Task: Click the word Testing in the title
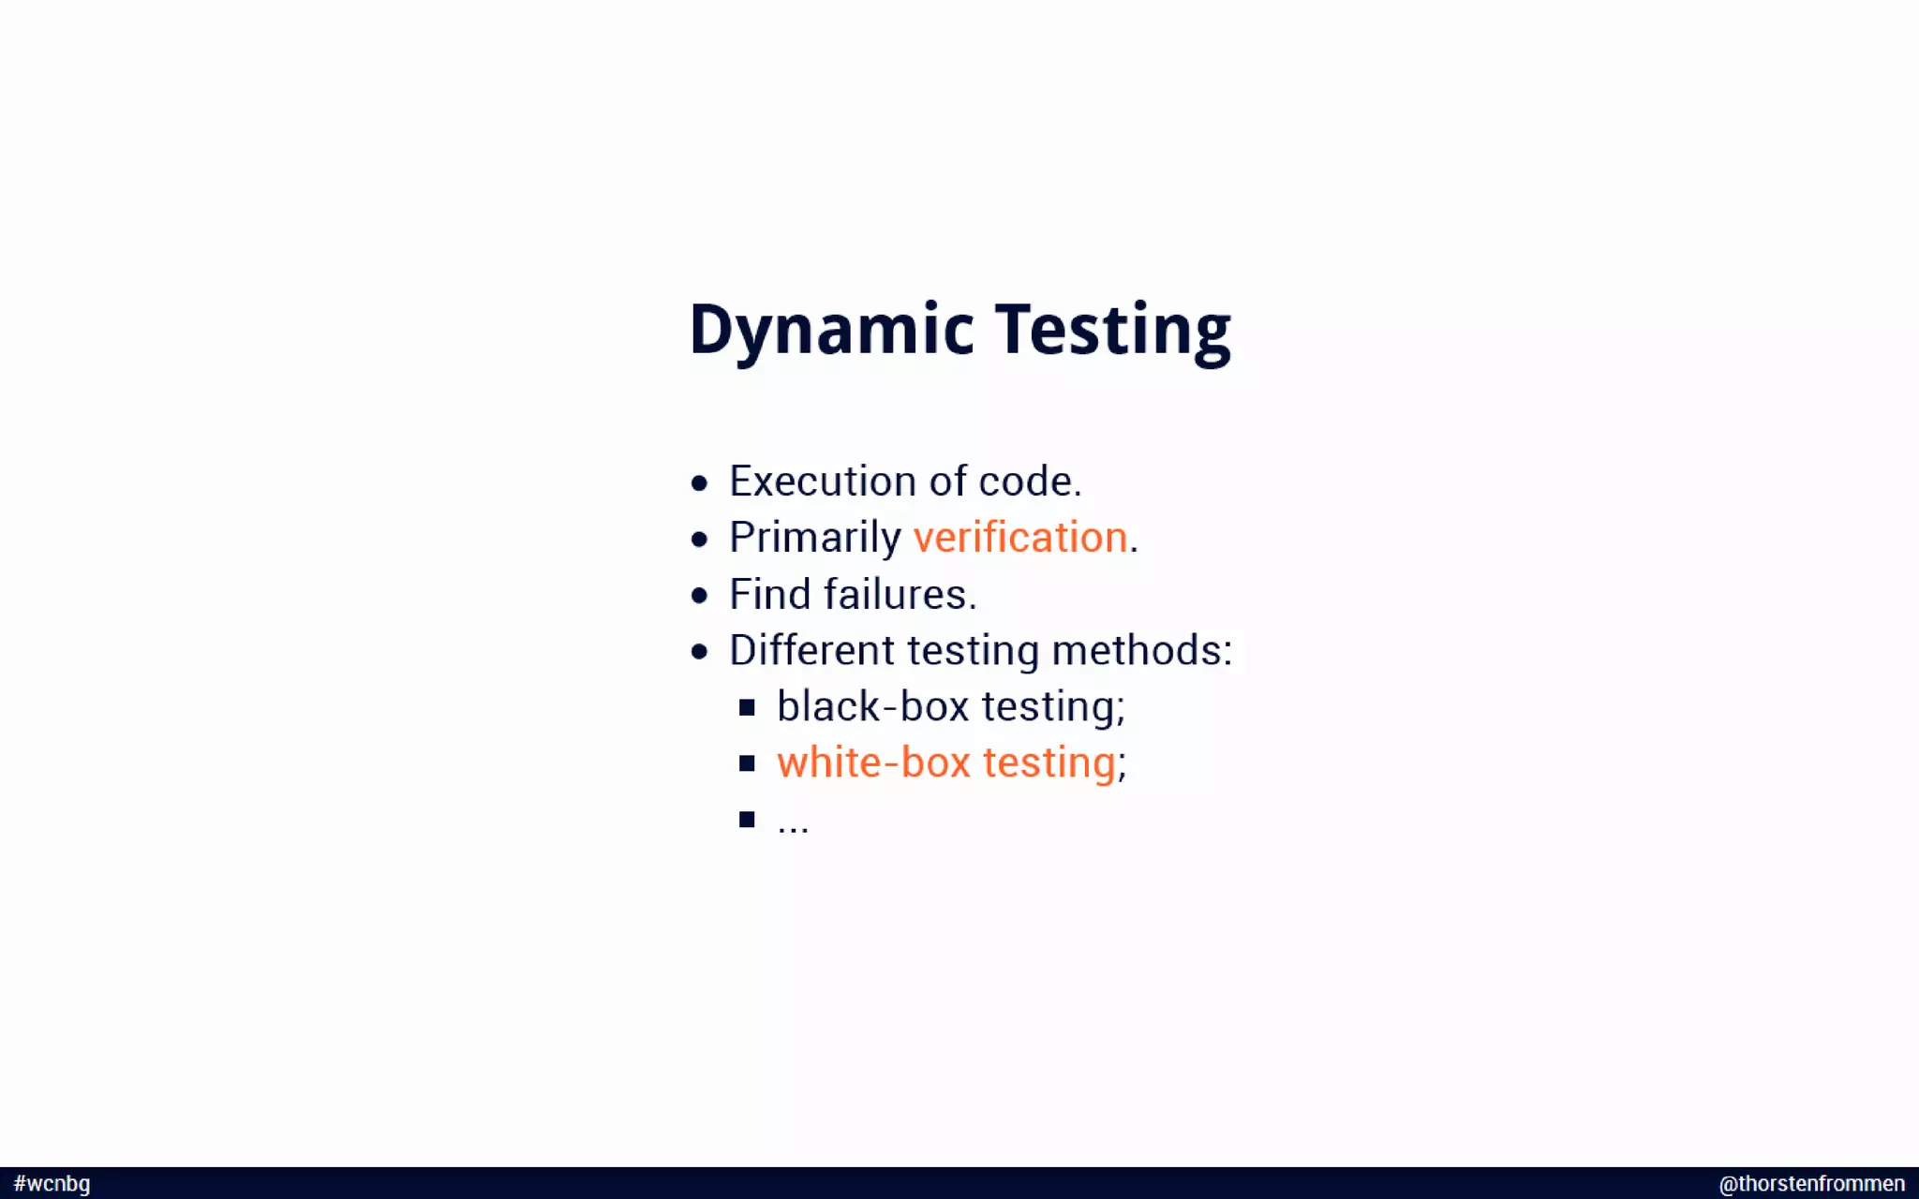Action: pos(1112,330)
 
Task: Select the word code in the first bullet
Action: pos(1025,481)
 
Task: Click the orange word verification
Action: pos(1019,538)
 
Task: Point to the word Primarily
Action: pos(814,538)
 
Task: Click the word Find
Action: pos(769,594)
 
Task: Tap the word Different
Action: pos(811,650)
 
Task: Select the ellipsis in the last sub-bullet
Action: pos(793,824)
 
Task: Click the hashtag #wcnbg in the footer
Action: pos(52,1183)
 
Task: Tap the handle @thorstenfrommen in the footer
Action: pos(1810,1183)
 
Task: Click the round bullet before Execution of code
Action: pos(699,483)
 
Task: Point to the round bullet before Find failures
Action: pos(699,596)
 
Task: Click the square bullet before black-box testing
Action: pos(747,707)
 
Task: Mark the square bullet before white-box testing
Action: pos(747,763)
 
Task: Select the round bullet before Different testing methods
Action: pos(699,652)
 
